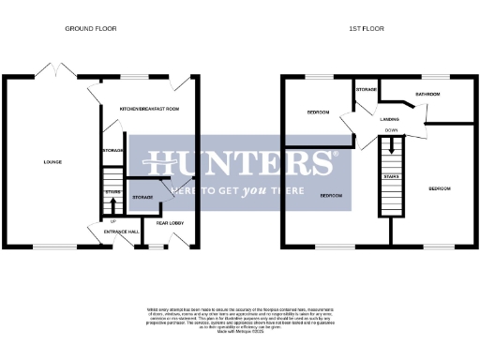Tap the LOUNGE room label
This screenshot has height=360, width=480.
pos(52,162)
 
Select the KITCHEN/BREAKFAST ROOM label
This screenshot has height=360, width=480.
pos(149,110)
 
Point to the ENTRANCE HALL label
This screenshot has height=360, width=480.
pos(121,231)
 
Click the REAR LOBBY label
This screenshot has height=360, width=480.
pos(171,223)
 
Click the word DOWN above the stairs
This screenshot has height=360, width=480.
pos(390,132)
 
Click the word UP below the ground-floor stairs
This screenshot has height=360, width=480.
pos(112,221)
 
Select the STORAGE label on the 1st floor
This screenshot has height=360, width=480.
pos(367,90)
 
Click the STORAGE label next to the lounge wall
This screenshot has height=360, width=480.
pos(112,150)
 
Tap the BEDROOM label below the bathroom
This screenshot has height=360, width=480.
pos(439,188)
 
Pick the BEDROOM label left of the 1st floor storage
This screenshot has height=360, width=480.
pos(318,112)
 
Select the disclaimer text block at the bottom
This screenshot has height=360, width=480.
pos(240,318)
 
